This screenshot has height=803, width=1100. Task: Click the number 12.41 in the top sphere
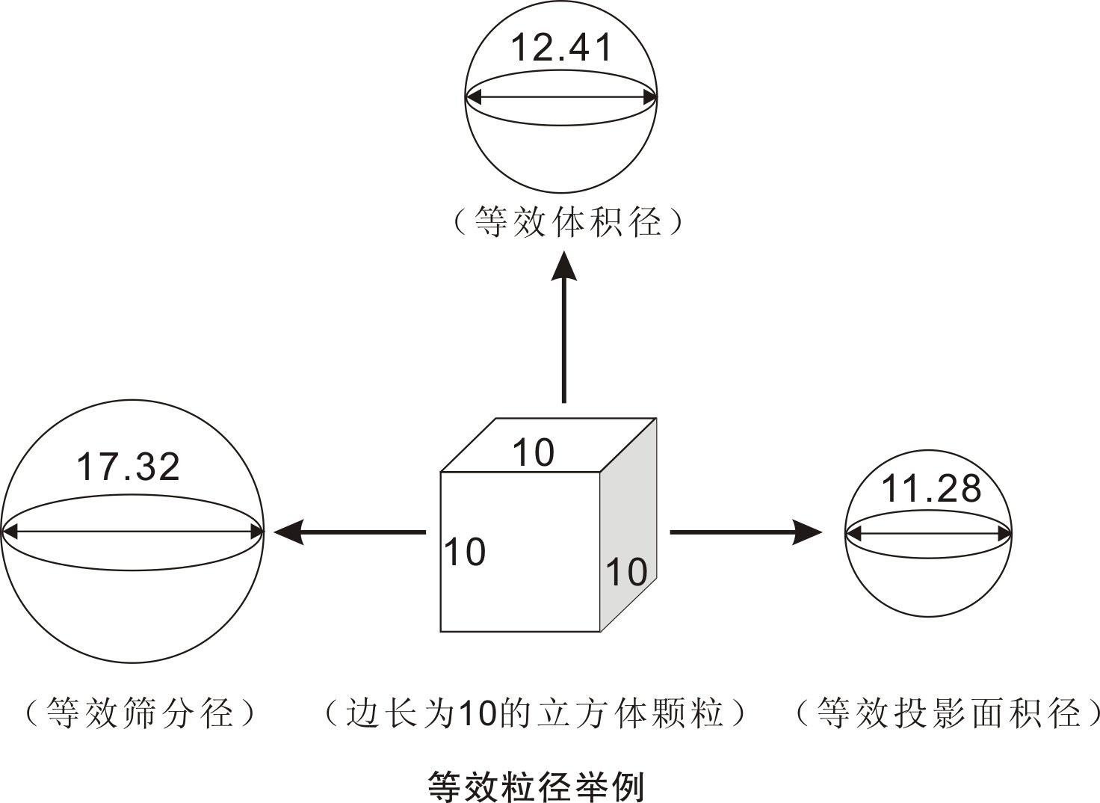point(561,48)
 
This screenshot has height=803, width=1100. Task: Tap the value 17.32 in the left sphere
point(129,467)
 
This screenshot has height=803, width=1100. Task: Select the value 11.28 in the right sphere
point(930,489)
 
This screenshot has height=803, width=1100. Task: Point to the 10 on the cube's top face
point(533,453)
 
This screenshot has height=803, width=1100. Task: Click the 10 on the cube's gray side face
point(626,572)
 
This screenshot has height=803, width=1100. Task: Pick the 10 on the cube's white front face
point(465,553)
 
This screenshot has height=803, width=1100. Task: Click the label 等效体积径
point(568,222)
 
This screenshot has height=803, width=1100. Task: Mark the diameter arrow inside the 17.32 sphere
point(132,532)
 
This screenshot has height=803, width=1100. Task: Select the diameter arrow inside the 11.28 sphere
point(929,533)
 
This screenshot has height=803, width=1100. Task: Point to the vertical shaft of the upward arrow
point(564,344)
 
